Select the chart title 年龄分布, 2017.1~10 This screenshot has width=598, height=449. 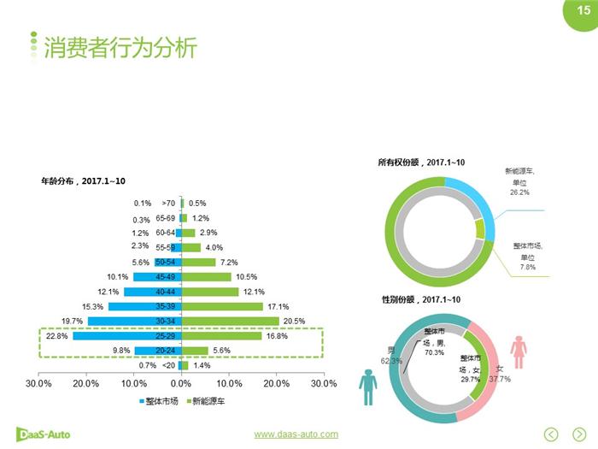(x=84, y=180)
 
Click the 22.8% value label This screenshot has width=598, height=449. (x=56, y=336)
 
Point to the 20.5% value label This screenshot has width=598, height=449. (x=293, y=322)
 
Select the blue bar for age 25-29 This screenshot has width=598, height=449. (x=126, y=336)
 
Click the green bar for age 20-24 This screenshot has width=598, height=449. (x=196, y=351)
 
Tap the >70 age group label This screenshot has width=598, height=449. (x=168, y=204)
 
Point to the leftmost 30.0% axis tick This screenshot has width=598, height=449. (x=39, y=384)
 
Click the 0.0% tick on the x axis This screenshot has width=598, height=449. (x=181, y=384)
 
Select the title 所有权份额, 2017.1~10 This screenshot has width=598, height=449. (x=421, y=162)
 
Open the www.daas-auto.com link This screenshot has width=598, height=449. (x=290, y=434)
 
